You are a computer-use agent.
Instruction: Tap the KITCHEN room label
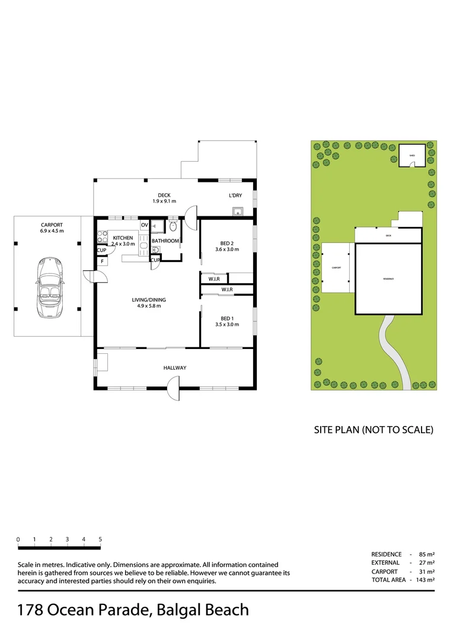[123, 238]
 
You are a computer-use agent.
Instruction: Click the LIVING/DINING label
[146, 300]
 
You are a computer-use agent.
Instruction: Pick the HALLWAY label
[175, 368]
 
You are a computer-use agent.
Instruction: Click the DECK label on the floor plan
[164, 196]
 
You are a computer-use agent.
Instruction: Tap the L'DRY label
[235, 196]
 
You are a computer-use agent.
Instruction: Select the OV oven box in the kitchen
[144, 225]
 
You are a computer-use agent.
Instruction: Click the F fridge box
[102, 261]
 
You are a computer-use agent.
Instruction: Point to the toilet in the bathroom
[173, 226]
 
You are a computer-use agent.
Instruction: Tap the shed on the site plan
[412, 155]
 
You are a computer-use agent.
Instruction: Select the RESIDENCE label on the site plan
[388, 279]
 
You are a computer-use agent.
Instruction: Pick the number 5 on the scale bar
[100, 539]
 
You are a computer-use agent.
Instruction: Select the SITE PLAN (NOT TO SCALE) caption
[374, 430]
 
